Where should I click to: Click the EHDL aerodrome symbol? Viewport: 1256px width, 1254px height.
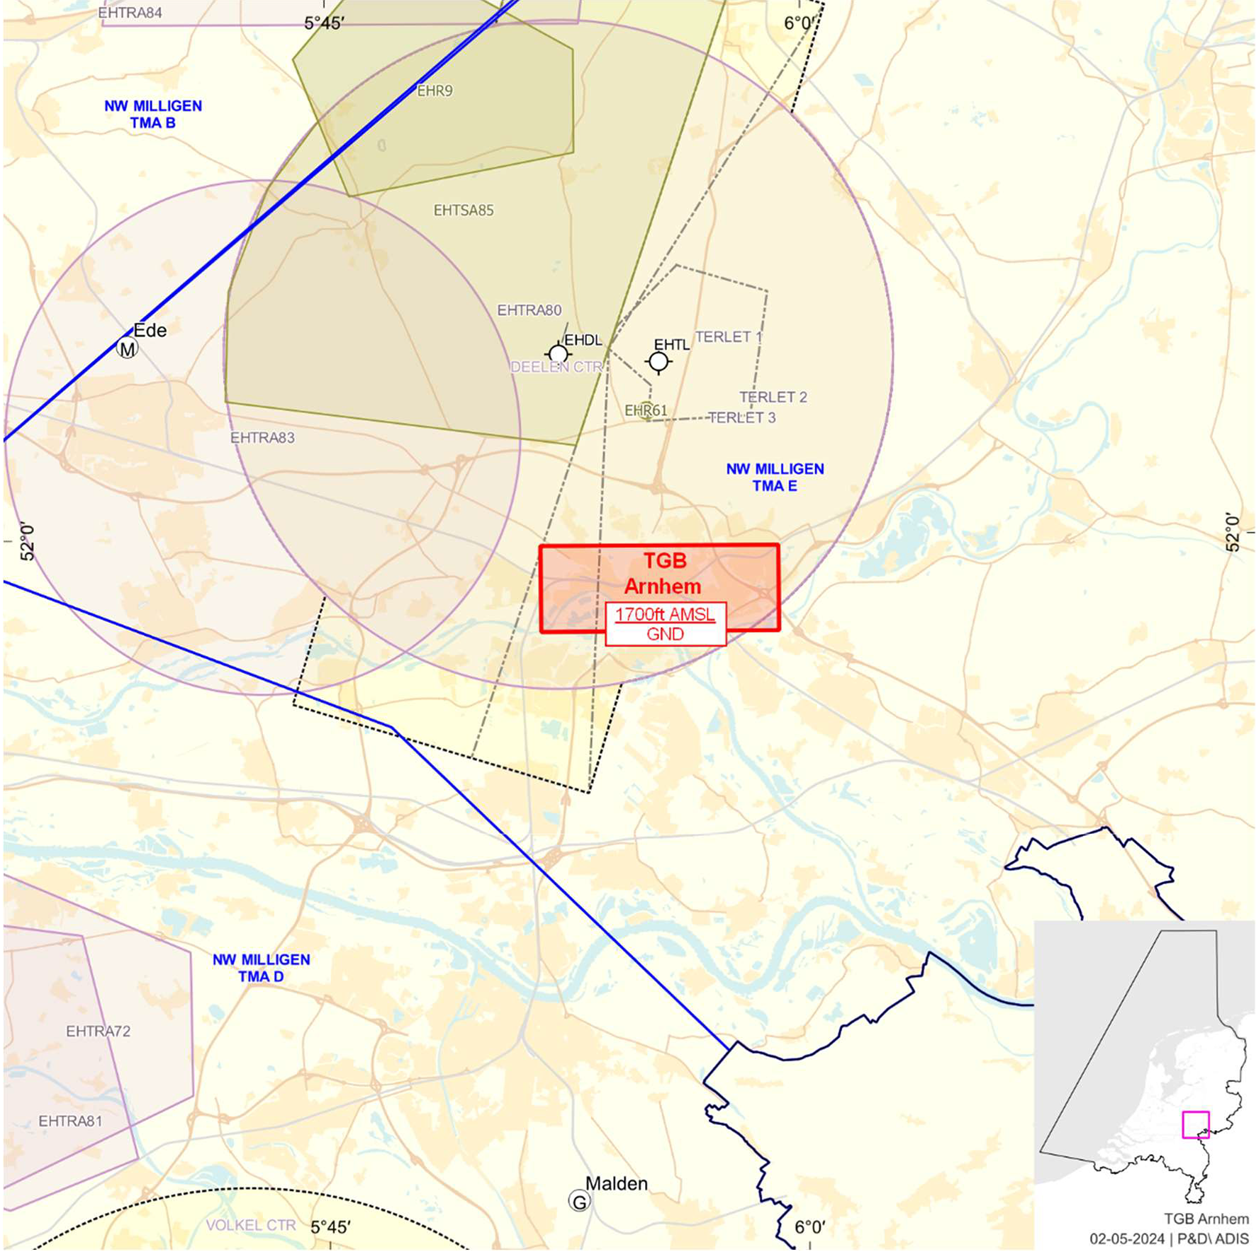tap(559, 354)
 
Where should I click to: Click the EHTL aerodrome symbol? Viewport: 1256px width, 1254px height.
tap(658, 362)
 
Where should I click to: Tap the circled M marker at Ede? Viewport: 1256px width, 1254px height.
tap(128, 349)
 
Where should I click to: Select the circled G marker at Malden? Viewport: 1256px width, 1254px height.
tap(580, 1201)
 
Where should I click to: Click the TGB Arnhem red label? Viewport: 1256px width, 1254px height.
tap(663, 574)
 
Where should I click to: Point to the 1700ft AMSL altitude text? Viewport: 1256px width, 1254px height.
tap(665, 614)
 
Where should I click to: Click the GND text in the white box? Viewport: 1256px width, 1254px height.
tap(665, 634)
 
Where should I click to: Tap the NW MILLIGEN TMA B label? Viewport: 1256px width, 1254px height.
tap(153, 114)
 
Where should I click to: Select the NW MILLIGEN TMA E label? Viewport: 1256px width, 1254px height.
tap(775, 477)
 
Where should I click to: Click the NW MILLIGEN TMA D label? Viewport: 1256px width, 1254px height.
tap(261, 968)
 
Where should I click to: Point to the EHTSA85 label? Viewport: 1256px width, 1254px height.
tap(464, 210)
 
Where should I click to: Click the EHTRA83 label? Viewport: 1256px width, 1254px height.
tap(262, 438)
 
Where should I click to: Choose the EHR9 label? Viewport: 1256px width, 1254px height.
tap(434, 91)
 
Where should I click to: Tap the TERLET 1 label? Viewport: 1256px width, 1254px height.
tap(729, 337)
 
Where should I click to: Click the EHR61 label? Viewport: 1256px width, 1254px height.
tap(646, 410)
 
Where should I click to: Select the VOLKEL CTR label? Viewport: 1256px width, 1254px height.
tap(251, 1225)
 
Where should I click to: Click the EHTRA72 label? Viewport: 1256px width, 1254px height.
tap(99, 1031)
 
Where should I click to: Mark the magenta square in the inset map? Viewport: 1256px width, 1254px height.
tap(1195, 1124)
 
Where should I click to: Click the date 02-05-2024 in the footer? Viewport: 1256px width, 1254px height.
tap(1127, 1238)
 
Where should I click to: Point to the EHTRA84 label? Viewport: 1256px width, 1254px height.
tap(130, 13)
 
